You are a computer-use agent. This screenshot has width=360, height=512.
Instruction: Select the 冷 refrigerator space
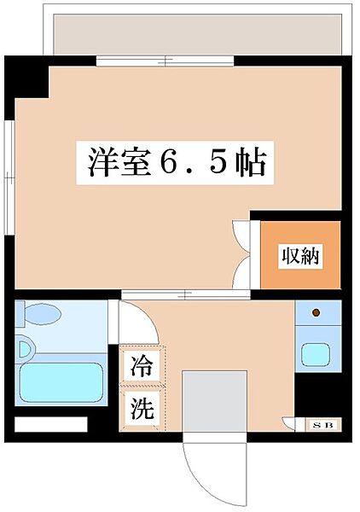coord(141,367)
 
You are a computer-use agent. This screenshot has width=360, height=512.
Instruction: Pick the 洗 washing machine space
coord(141,408)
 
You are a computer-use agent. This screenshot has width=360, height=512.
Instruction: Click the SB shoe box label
coord(323,423)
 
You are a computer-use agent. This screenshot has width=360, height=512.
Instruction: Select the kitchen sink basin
coord(316,354)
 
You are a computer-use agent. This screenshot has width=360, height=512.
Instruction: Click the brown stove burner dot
coord(316,313)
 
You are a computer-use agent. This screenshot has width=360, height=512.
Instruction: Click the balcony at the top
coord(196,34)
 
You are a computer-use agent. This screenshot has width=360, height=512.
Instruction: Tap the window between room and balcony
coord(165,61)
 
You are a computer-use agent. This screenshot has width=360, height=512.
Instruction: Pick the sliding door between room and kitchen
coord(184,294)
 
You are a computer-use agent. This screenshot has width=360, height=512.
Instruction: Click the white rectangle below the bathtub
coord(51,423)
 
